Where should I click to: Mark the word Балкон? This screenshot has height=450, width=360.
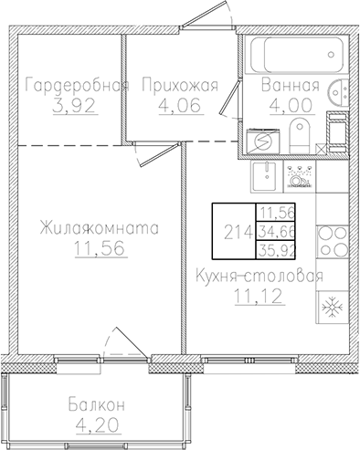(96, 404)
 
